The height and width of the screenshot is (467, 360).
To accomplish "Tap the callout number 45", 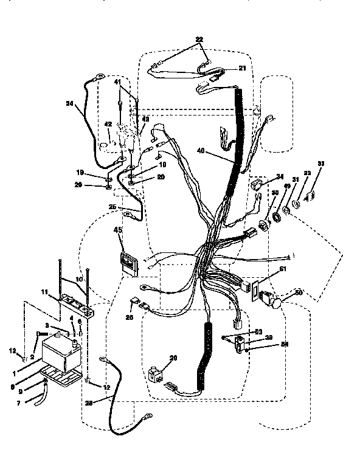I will coord(118,230).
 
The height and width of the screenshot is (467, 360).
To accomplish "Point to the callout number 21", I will coord(241,68).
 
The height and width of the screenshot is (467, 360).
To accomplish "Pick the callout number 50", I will coord(298,292).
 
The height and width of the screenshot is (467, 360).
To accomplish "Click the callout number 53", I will coord(258,331).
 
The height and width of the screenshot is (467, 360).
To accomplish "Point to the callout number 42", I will coord(107,125).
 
